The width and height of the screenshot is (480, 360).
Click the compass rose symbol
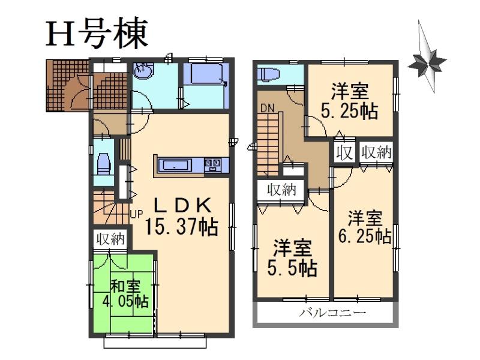[427, 60]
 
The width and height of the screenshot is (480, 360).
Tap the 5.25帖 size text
[349, 112]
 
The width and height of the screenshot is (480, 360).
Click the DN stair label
[266, 109]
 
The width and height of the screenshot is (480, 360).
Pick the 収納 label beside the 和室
[110, 239]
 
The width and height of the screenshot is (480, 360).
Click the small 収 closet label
[344, 152]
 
